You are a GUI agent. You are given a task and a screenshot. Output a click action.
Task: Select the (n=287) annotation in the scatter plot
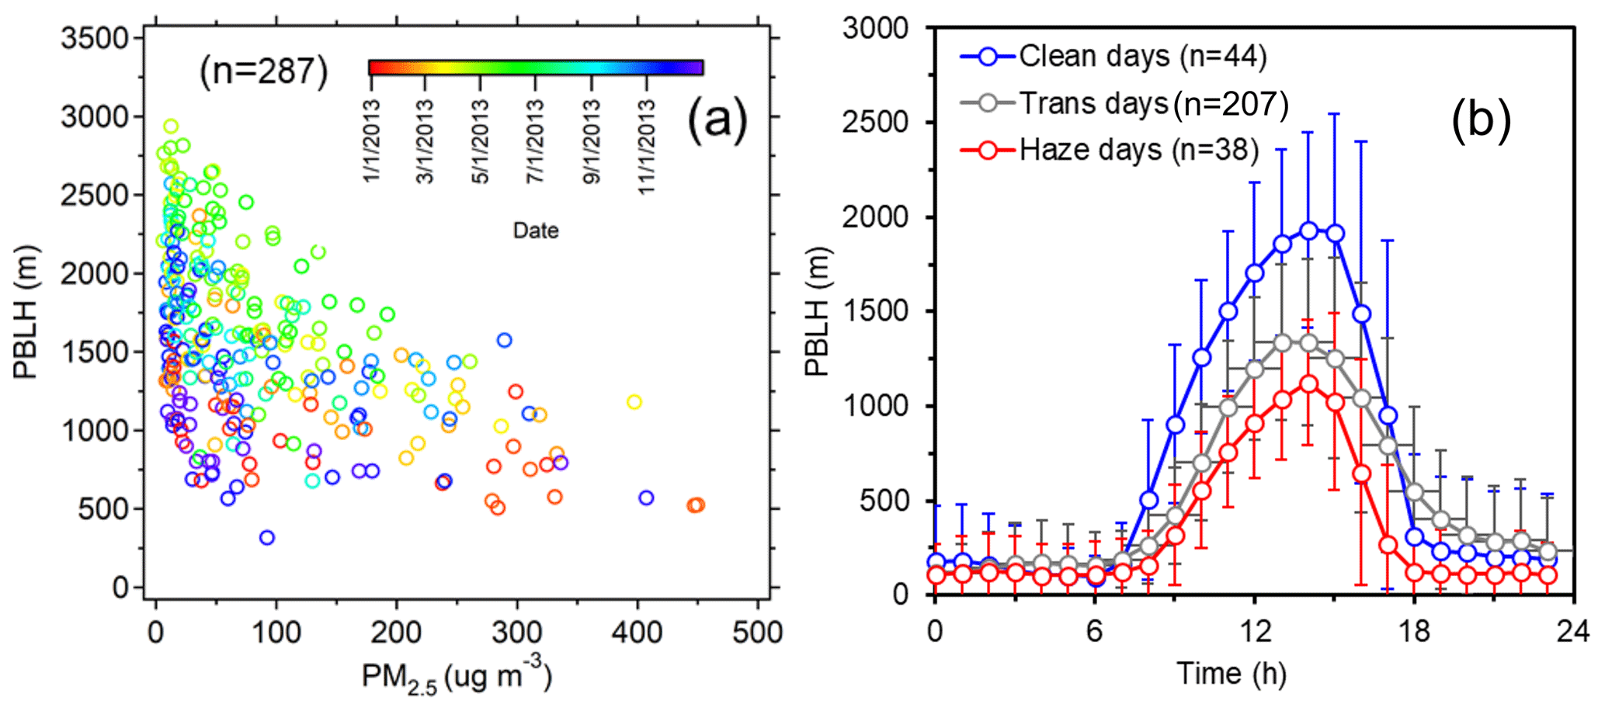point(264,71)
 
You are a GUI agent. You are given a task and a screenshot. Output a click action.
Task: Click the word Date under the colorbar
point(536,231)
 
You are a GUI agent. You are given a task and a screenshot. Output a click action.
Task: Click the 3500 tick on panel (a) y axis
point(95,38)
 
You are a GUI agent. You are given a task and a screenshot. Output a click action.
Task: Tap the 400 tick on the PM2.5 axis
point(637,632)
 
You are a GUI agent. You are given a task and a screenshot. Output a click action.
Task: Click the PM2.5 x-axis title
point(457,678)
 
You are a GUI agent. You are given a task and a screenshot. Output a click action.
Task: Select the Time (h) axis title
point(1231,674)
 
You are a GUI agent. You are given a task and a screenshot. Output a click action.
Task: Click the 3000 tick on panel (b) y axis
point(876,29)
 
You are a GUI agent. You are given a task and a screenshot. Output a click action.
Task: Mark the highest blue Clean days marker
point(1308,231)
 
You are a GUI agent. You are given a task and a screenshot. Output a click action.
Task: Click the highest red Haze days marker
point(1308,384)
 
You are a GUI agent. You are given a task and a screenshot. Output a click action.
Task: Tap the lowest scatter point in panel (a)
point(266,537)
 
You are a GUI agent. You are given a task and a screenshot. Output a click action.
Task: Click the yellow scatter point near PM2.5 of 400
point(634,401)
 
